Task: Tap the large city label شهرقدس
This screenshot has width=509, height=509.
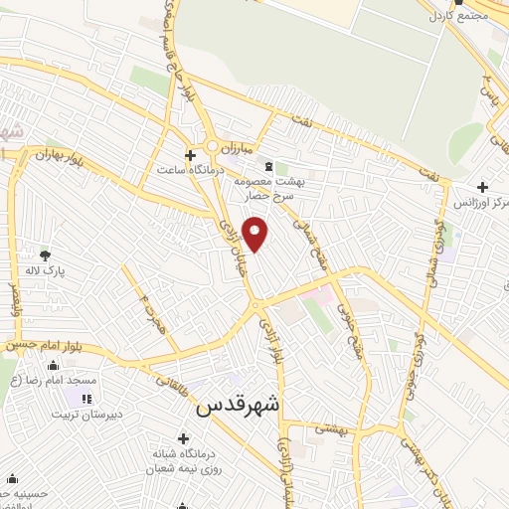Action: [x=240, y=405]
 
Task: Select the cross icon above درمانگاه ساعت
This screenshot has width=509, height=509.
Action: [x=192, y=154]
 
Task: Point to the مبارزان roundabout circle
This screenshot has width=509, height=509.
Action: [x=212, y=147]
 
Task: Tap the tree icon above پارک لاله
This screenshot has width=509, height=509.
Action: [x=44, y=255]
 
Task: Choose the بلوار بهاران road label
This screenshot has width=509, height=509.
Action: [x=57, y=154]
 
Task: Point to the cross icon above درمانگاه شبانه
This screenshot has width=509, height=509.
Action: [x=183, y=438]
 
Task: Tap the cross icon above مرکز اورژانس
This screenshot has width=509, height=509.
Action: [x=482, y=187]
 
